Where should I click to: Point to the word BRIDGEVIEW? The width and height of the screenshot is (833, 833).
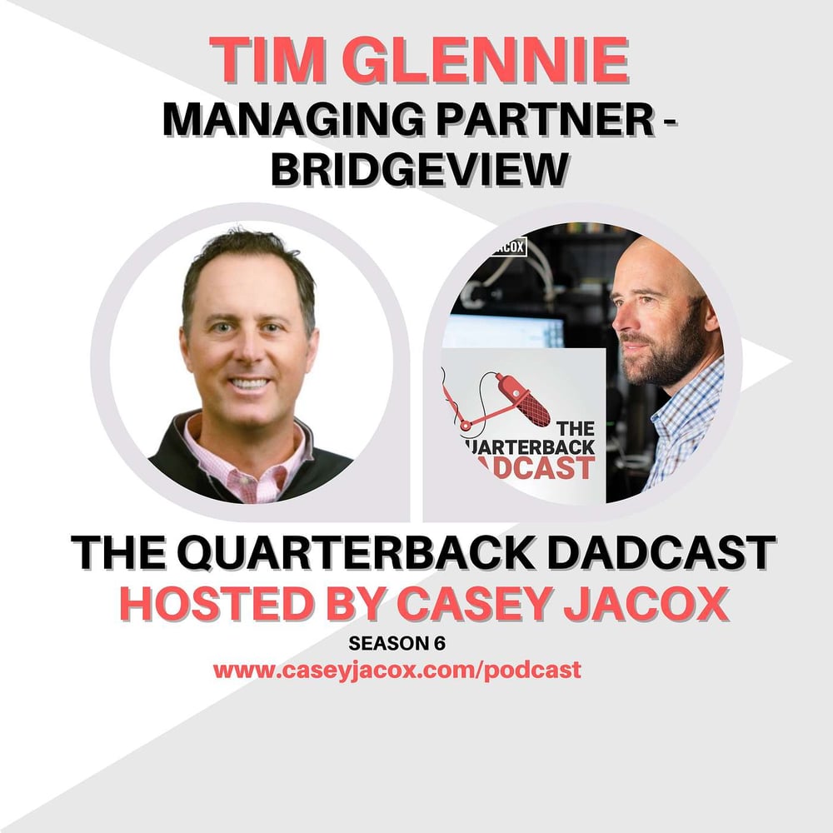pyautogui.click(x=420, y=168)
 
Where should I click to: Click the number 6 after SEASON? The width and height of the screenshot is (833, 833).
pyautogui.click(x=440, y=643)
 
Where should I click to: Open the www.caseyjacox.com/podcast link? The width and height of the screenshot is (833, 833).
pyautogui.click(x=397, y=670)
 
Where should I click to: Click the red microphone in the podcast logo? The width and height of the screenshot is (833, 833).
pyautogui.click(x=522, y=399)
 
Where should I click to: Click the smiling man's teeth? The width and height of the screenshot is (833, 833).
pyautogui.click(x=248, y=382)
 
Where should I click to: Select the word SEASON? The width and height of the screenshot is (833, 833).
pyautogui.click(x=389, y=643)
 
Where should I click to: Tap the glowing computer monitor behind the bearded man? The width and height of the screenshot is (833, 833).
pyautogui.click(x=504, y=331)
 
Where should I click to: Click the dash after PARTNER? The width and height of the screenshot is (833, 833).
pyautogui.click(x=670, y=121)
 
